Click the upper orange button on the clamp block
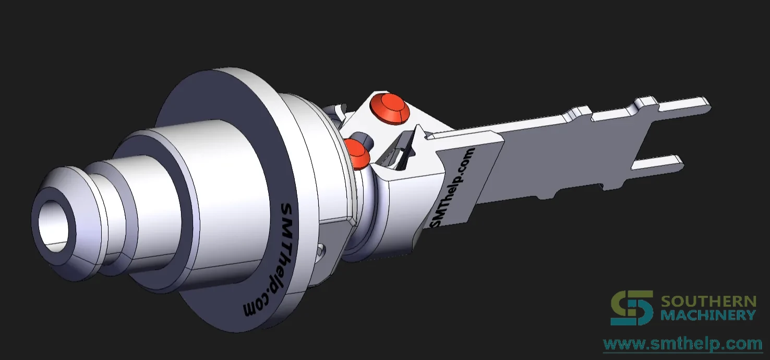(390, 107)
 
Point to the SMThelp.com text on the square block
(452, 188)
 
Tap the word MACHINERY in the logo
(708, 315)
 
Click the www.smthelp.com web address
(683, 344)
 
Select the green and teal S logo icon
(632, 307)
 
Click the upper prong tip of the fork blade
(705, 104)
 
